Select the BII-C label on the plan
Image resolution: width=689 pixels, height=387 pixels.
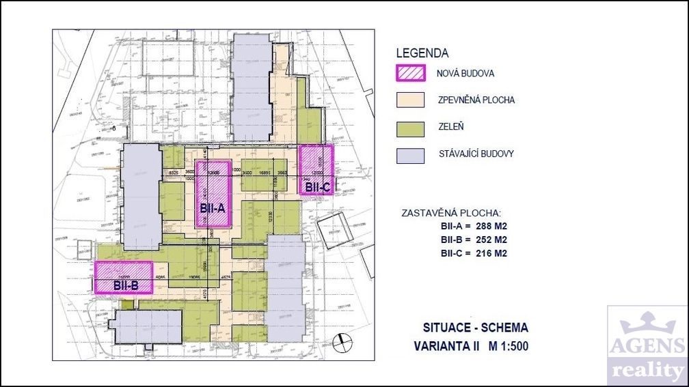pos(318,186)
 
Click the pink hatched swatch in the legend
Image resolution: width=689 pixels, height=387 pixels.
pos(412,73)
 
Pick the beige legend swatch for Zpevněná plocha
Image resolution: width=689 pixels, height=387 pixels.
pos(412,100)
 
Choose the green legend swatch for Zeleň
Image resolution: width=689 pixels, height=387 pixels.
pos(412,127)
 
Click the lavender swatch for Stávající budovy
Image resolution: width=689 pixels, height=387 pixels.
pos(412,154)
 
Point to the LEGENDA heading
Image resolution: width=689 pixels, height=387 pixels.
pos(422,53)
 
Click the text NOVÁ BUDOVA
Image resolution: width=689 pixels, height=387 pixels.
pos(466,73)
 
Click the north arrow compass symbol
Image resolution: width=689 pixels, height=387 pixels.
pos(340,341)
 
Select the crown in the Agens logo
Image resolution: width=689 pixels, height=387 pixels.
pos(647,319)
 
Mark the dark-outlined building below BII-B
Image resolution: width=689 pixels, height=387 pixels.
pos(149,327)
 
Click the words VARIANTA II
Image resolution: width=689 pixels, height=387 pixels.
pos(446,346)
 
